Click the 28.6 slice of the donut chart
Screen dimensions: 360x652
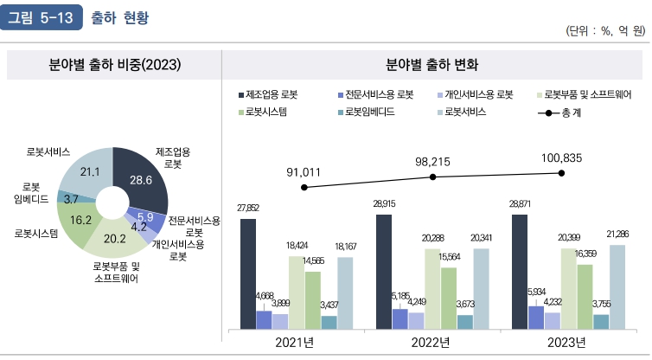tap(139, 180)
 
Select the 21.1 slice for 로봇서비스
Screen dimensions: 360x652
tap(90, 172)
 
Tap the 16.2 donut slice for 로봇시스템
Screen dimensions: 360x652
tap(80, 220)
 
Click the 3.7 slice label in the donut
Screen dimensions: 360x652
tap(71, 198)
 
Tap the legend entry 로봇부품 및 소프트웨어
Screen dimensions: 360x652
tap(592, 94)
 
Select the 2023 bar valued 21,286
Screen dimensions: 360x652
tap(616, 286)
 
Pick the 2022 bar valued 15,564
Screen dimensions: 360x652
tap(449, 299)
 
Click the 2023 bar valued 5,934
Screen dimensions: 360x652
tap(536, 317)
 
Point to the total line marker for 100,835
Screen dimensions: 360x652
tap(561, 173)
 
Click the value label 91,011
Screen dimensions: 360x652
tap(304, 172)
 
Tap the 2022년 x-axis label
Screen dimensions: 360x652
tap(431, 343)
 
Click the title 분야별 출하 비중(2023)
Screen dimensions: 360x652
tap(114, 65)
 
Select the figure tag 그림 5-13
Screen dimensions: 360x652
tap(42, 16)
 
